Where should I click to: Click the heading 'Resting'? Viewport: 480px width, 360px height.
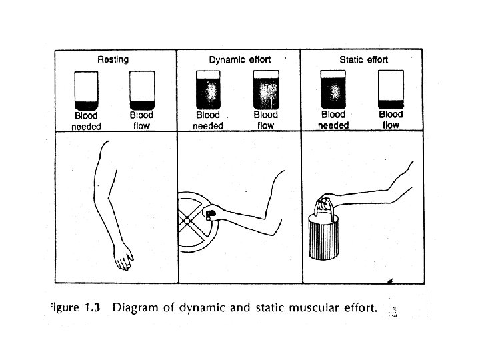(x=113, y=59)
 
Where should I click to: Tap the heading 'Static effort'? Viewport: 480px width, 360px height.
(x=363, y=59)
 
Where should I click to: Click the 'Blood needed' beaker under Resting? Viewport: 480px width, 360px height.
(x=86, y=90)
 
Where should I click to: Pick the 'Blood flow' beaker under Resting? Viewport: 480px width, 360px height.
(x=141, y=90)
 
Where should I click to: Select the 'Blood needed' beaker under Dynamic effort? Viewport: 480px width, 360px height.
(x=208, y=90)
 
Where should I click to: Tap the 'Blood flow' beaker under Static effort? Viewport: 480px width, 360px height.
(x=391, y=90)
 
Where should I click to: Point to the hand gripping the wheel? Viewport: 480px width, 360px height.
(x=211, y=214)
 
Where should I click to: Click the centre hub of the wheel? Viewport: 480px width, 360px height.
(x=189, y=220)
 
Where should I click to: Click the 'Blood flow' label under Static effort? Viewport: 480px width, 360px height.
(x=391, y=120)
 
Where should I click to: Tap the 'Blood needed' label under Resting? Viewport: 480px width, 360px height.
(x=86, y=121)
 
